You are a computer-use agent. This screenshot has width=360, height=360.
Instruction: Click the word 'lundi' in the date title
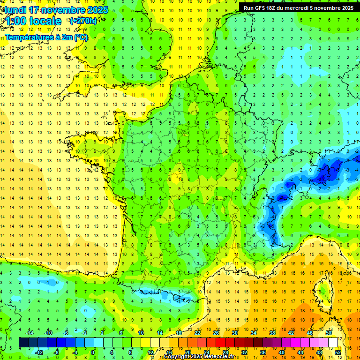[14, 10]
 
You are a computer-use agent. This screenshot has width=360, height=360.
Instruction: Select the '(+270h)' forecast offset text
[83, 21]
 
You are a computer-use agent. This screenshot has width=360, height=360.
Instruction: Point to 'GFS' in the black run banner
[259, 8]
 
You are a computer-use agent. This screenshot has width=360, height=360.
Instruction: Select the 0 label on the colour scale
[93, 352]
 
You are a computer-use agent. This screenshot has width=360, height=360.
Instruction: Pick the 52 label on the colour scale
[338, 352]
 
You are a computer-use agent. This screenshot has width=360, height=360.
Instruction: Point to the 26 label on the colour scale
[216, 333]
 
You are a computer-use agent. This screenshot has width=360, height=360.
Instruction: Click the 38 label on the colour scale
[272, 333]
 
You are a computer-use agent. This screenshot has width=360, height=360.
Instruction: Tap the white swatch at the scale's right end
[333, 343]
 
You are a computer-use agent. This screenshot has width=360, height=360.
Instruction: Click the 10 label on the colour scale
[141, 333]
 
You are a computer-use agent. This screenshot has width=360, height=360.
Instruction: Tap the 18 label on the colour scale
[179, 333]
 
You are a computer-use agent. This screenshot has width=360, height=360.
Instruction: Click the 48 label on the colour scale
[319, 352]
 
